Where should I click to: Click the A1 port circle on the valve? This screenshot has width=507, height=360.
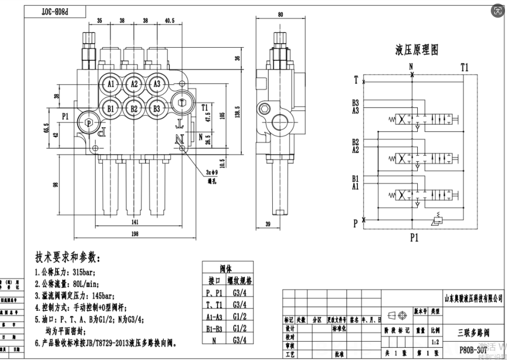[x=111, y=84]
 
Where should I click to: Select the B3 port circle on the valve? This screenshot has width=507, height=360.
[x=157, y=108]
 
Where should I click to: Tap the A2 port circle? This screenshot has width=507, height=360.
[x=134, y=84]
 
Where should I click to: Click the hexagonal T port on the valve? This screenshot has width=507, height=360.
[x=182, y=102]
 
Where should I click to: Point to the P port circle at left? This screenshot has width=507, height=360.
[x=89, y=122]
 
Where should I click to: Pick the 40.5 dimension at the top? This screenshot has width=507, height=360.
[x=170, y=21]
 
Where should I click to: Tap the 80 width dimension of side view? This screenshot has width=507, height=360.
[x=280, y=15]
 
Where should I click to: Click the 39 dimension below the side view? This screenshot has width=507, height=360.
[x=268, y=225]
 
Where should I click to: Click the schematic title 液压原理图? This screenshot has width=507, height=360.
[x=416, y=50]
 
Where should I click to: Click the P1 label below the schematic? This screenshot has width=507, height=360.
[x=414, y=237]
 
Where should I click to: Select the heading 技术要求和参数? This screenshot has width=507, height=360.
[x=67, y=256]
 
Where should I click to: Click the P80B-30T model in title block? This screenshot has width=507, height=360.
[x=473, y=349]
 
